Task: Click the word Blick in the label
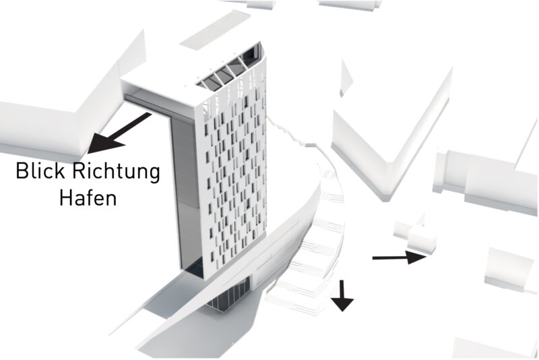click(x=40, y=171)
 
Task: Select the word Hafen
click(x=88, y=198)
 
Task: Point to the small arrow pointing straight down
click(x=342, y=295)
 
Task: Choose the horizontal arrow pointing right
click(x=400, y=258)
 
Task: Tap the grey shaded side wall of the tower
click(x=187, y=193)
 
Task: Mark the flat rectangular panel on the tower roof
click(x=215, y=30)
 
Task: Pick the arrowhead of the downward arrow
click(x=342, y=305)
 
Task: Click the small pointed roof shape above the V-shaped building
click(x=346, y=78)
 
